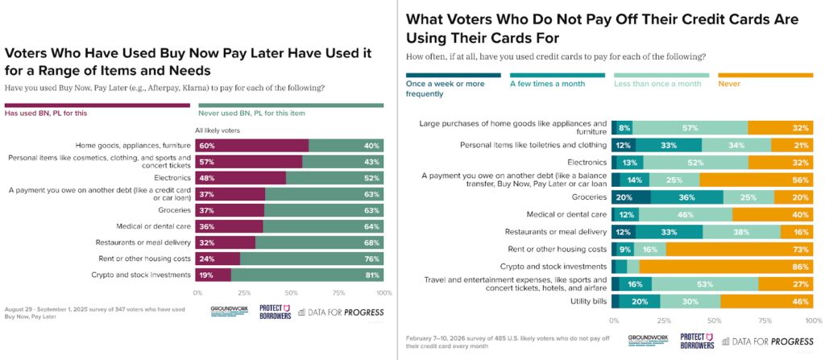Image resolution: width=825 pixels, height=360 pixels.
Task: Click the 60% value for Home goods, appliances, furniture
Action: [x=207, y=145]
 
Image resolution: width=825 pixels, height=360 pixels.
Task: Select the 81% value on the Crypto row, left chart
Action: [x=372, y=274]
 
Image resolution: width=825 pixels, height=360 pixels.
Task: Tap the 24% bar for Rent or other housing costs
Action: [x=207, y=258]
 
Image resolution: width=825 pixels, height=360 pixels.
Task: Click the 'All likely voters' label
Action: [x=218, y=130]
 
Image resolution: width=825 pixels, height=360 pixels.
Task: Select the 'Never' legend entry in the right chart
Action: [x=729, y=83]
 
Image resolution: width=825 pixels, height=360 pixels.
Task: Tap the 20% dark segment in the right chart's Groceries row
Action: [x=624, y=197]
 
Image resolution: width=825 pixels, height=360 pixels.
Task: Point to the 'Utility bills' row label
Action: [x=583, y=301]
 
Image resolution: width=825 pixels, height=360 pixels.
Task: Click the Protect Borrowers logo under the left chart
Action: [x=274, y=311]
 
